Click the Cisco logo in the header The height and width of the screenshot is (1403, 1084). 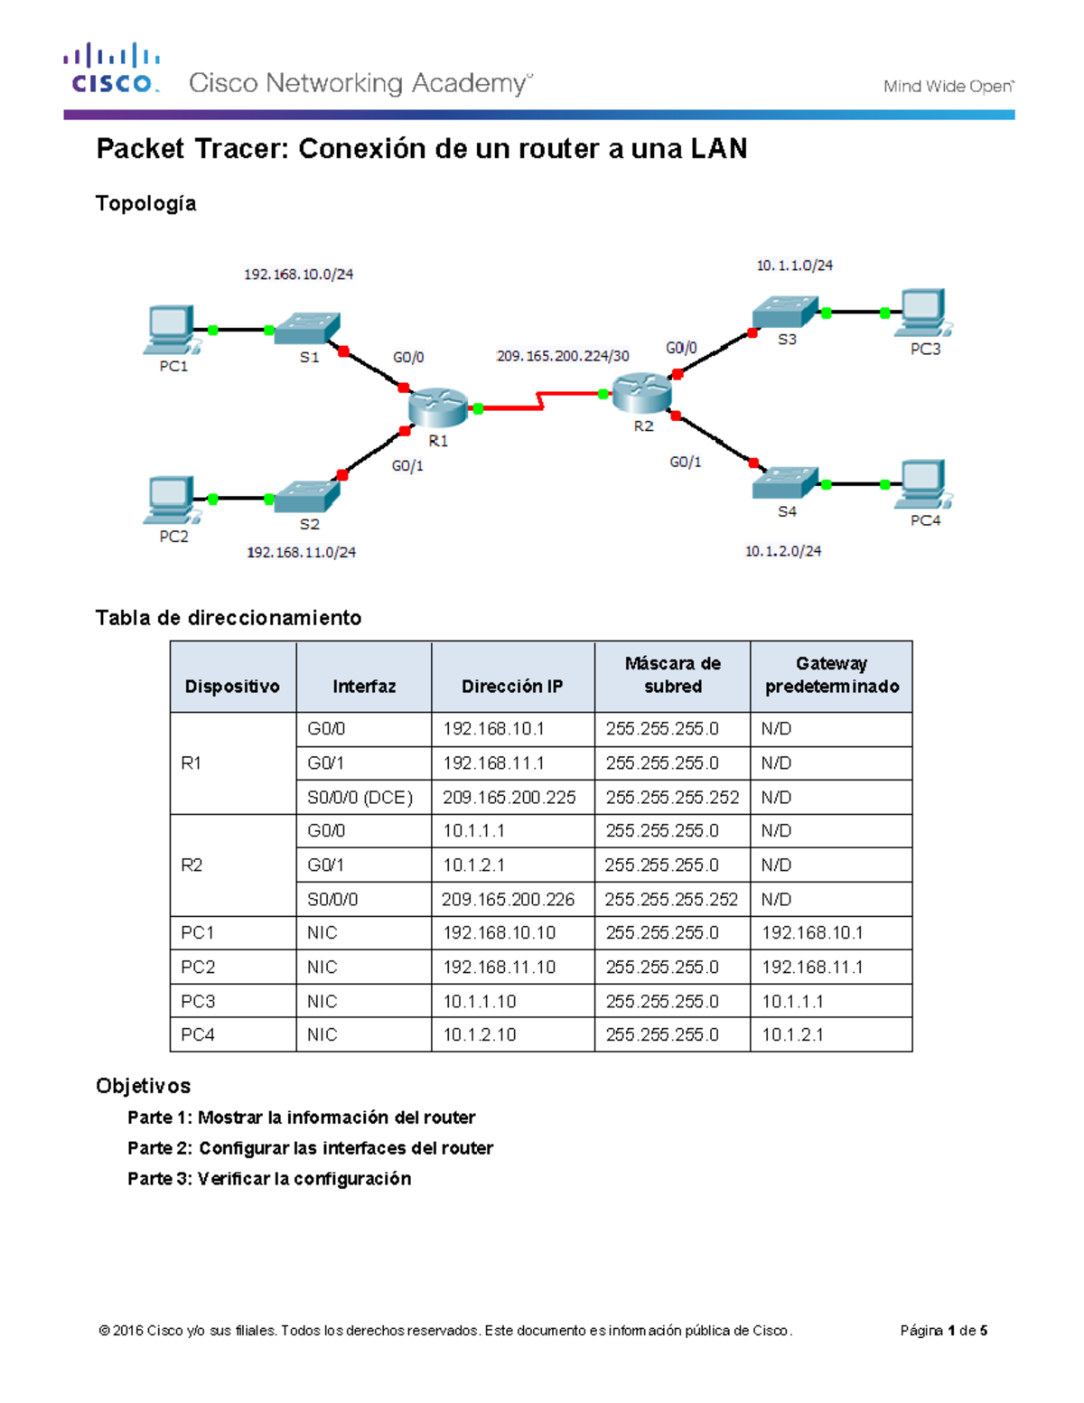click(112, 69)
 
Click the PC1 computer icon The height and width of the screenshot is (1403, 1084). click(170, 330)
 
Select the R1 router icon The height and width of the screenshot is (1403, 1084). click(437, 407)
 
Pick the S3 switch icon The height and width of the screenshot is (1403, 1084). click(784, 312)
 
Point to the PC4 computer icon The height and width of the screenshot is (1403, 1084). click(924, 484)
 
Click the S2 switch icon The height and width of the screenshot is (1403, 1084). click(307, 496)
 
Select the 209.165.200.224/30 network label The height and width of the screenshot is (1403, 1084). click(563, 356)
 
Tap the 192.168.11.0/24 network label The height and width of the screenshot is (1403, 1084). click(301, 552)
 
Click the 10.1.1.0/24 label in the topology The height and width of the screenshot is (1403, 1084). click(794, 266)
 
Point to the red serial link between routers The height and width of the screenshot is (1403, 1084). click(540, 401)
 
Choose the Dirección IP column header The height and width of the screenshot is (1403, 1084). click(512, 687)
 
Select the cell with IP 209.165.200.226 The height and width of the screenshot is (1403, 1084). click(509, 900)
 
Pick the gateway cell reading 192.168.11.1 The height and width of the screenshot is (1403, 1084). click(812, 968)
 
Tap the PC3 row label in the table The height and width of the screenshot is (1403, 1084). click(198, 1002)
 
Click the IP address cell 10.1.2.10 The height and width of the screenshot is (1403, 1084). click(480, 1035)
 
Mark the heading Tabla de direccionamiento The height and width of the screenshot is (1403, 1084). click(229, 618)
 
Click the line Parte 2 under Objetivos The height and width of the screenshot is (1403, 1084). click(310, 1148)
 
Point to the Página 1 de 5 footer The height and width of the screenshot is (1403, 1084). click(943, 1331)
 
